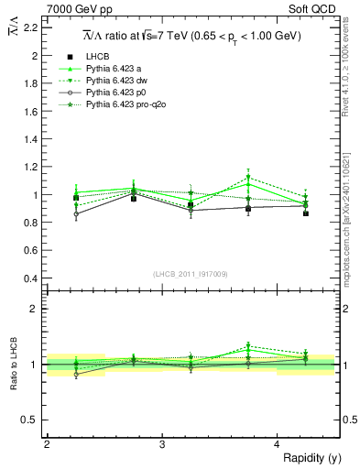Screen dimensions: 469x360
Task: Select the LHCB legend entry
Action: (x=96, y=57)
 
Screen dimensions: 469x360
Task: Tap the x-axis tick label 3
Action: (x=162, y=443)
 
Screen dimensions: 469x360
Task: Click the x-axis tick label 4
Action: (x=278, y=443)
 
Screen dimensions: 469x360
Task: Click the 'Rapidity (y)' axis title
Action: (x=311, y=457)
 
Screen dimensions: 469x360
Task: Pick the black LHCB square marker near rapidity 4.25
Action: (x=306, y=213)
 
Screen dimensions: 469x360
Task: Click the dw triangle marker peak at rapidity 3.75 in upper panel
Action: (x=248, y=178)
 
